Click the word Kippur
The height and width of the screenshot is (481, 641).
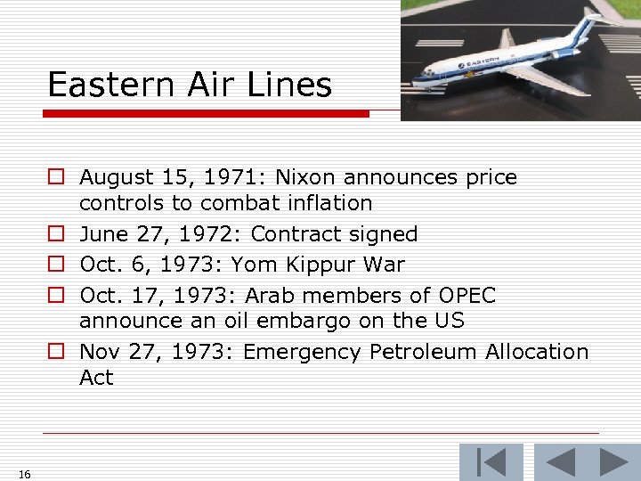point(320,265)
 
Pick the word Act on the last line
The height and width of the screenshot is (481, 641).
point(96,378)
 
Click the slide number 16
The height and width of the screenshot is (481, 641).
point(24,474)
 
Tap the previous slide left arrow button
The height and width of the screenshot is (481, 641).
point(559,462)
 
